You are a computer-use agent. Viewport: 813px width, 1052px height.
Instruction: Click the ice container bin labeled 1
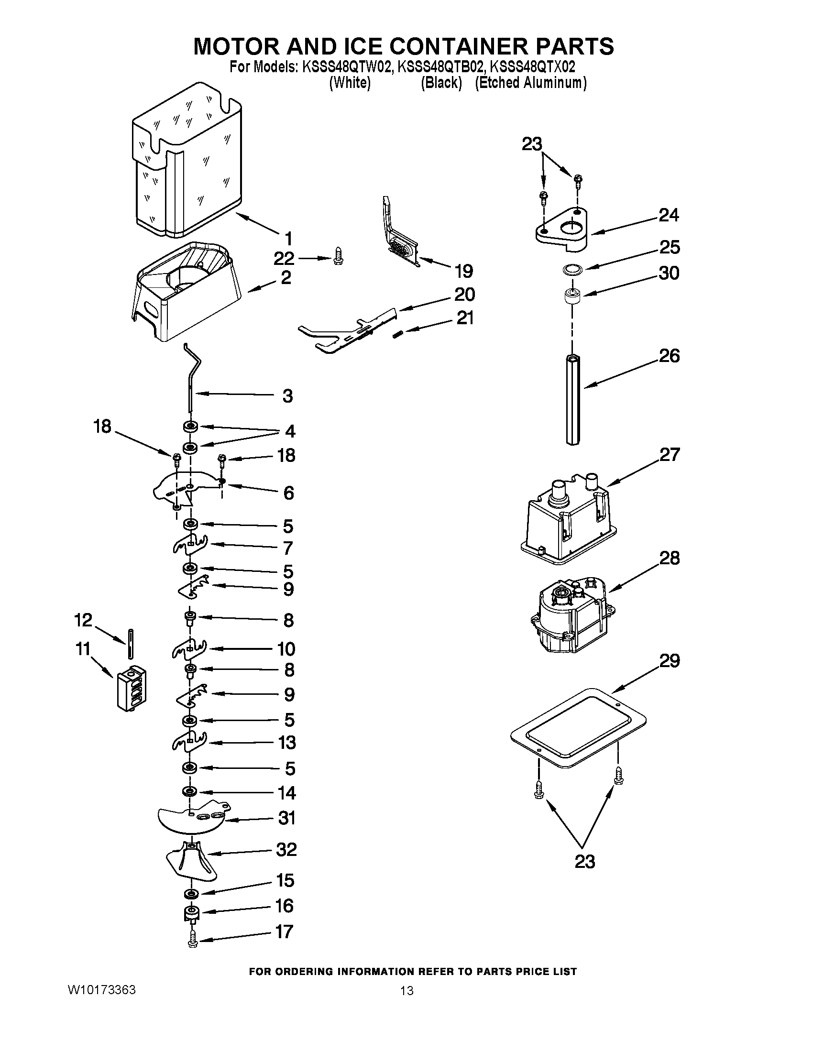188,164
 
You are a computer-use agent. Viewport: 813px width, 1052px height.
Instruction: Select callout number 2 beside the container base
286,278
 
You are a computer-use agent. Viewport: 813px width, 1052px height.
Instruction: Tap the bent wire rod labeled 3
192,381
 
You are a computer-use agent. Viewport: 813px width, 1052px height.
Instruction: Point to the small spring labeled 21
397,334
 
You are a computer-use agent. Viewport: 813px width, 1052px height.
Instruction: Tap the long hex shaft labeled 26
572,400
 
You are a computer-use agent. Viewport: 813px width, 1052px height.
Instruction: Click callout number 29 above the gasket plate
670,661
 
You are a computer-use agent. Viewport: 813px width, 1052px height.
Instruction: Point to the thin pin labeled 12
131,643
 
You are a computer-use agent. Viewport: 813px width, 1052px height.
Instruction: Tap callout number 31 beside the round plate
286,818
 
